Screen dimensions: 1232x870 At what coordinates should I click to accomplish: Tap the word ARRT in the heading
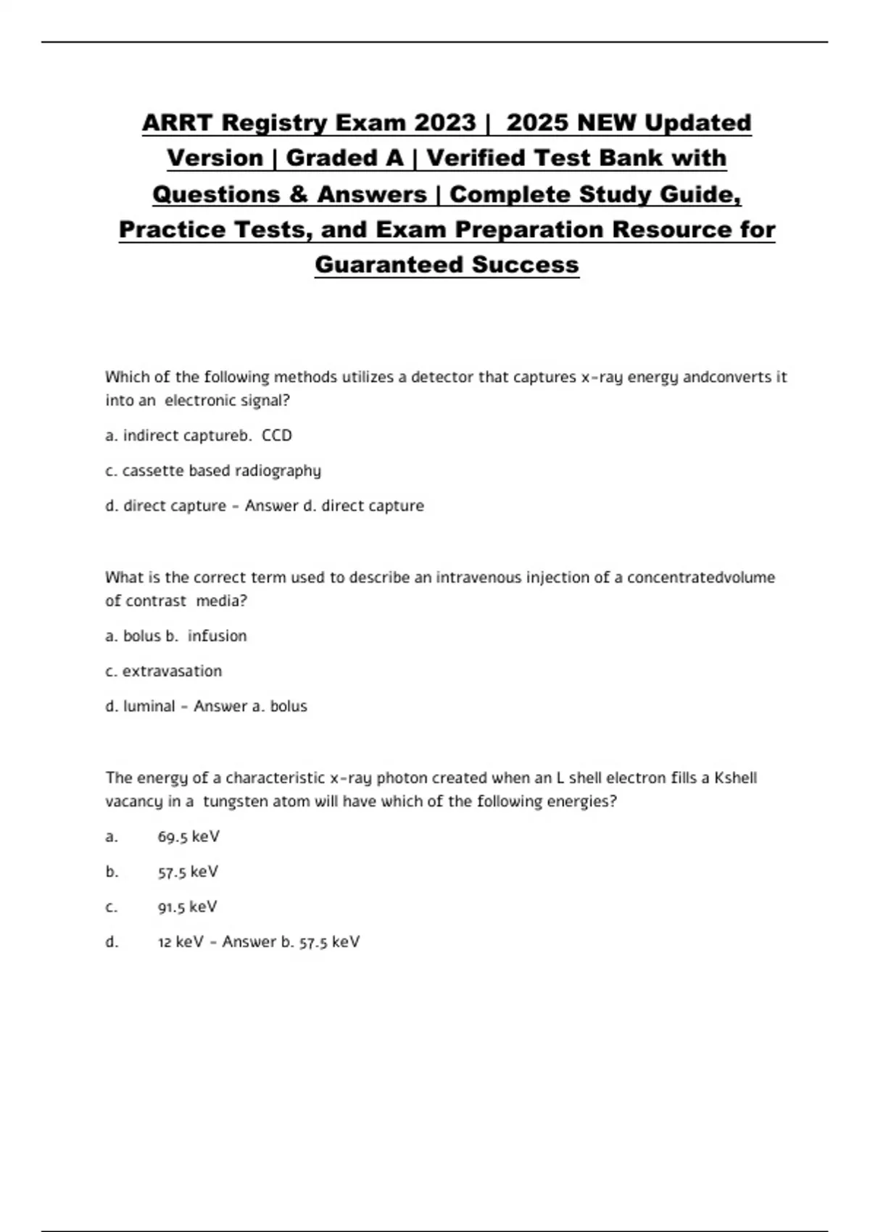[178, 122]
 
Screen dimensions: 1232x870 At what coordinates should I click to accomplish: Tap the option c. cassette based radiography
[213, 471]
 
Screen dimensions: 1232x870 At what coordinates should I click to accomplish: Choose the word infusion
[217, 636]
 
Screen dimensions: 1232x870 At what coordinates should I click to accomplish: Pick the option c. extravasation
[164, 671]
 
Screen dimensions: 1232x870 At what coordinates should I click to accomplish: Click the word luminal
[149, 707]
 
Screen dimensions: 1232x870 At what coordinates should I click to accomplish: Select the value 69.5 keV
[188, 837]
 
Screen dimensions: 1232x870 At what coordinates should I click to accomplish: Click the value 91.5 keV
[187, 907]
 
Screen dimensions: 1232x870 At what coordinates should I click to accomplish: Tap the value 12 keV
[181, 942]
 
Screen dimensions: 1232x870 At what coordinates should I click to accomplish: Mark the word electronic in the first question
[199, 401]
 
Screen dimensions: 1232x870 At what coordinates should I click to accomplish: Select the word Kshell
[735, 778]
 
